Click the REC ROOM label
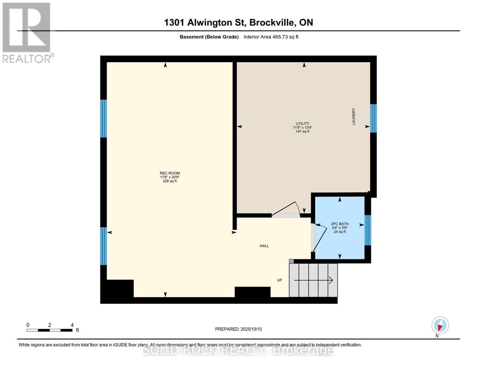coord(170,173)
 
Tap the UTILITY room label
coord(302,124)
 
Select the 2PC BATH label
coord(340,224)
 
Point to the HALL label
coord(264,246)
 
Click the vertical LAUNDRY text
coord(354,116)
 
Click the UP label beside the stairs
coord(279,280)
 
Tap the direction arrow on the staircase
coord(313,280)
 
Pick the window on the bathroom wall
coord(368,230)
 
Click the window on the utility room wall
coord(373,118)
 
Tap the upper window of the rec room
coord(104,118)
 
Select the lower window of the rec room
coord(104,246)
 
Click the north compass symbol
coord(440,325)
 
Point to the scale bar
coord(49,330)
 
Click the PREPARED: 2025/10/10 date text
coord(238,329)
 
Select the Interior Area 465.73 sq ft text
coord(271,37)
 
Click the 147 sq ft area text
coord(302,132)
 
